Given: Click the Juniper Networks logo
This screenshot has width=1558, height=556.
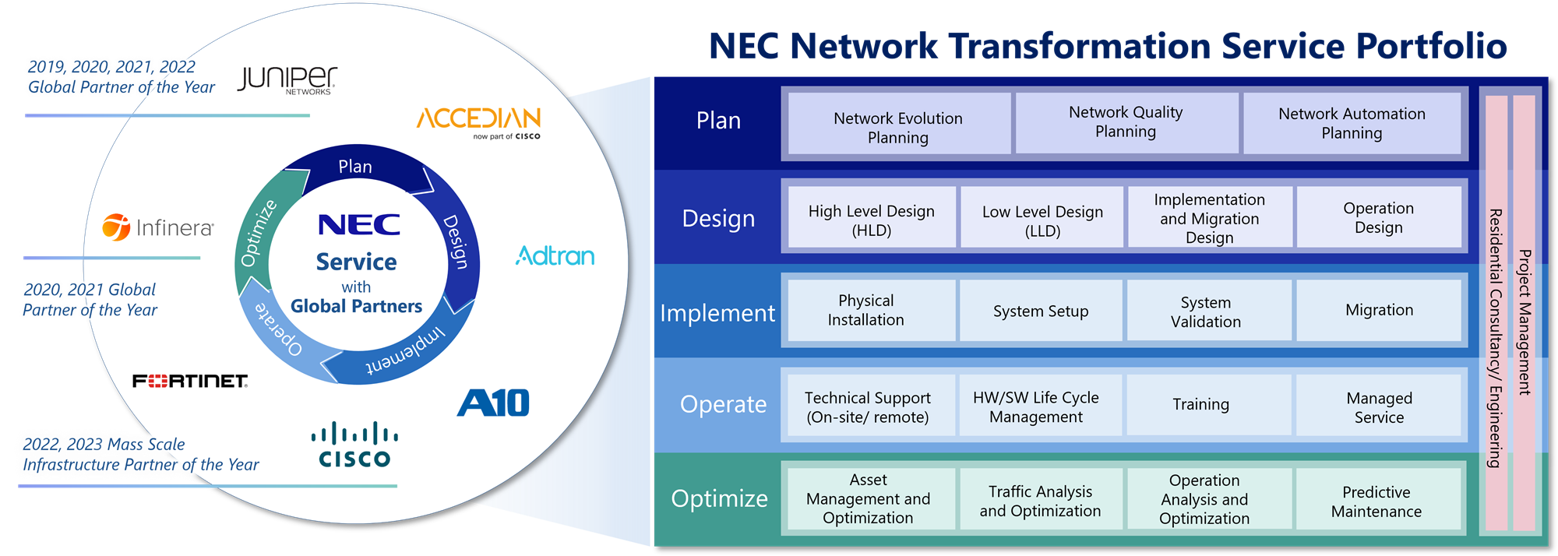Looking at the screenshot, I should coord(287,79).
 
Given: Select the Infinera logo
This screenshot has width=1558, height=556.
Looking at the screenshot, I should coord(158,227).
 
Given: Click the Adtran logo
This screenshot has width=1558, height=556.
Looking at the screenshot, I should coord(555,255).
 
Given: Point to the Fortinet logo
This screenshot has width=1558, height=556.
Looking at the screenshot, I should coord(190,381).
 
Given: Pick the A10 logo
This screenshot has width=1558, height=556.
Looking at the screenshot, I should coord(493,403).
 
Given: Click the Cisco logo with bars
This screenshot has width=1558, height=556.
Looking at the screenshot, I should coord(354,445).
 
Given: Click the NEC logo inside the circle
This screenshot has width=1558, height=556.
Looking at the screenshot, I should coord(358,225).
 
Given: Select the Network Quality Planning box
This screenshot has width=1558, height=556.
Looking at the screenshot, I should coord(1126,122).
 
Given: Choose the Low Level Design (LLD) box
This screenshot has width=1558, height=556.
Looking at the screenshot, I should coord(1042,220).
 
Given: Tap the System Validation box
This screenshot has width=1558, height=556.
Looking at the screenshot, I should coord(1206,311).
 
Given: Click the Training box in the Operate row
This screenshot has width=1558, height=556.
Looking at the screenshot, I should coord(1200,404).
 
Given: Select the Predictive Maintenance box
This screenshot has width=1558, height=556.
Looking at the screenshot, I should coord(1376,501).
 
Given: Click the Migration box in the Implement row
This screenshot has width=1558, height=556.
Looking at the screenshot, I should coord(1379,310).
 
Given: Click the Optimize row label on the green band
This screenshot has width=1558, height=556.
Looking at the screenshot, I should coord(719,498).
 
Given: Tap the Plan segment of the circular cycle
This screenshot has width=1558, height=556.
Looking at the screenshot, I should coord(355,167).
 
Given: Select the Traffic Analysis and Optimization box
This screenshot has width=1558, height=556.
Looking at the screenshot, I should coord(1040,501).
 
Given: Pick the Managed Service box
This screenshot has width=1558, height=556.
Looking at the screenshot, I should coord(1379,407).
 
